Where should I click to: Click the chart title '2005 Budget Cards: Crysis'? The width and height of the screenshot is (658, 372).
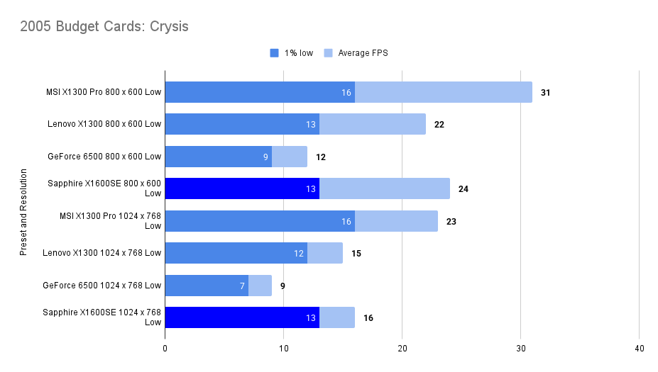point(104,27)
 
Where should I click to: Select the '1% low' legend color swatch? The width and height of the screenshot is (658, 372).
point(275,53)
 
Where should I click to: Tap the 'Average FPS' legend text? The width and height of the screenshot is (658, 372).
point(363,53)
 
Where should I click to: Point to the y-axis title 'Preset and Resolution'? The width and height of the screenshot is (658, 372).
point(23,212)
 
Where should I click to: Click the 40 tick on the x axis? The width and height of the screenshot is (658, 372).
point(639,349)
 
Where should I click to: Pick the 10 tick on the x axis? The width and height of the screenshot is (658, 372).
point(283,349)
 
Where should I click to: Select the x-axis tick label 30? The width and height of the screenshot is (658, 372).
point(520,349)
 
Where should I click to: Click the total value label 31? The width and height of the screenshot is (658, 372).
point(545,92)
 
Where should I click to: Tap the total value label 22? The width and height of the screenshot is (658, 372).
point(439,125)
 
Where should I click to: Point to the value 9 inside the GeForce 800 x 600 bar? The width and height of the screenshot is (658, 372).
point(265,157)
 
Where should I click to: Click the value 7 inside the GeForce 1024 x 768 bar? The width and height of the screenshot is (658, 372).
point(242,286)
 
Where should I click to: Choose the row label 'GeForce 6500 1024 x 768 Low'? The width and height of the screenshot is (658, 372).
point(102,286)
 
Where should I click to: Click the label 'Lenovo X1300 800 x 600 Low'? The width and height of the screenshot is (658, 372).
point(104,125)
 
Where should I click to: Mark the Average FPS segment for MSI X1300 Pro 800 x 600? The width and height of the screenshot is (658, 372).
point(443,92)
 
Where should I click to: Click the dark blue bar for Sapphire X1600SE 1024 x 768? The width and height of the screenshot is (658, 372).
point(241,317)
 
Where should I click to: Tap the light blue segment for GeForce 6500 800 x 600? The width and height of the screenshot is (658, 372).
point(290,157)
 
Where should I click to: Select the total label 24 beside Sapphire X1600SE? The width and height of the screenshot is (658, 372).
point(463,189)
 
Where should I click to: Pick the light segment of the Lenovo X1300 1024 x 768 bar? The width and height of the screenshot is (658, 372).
point(325,253)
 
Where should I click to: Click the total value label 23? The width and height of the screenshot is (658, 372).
point(451,221)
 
